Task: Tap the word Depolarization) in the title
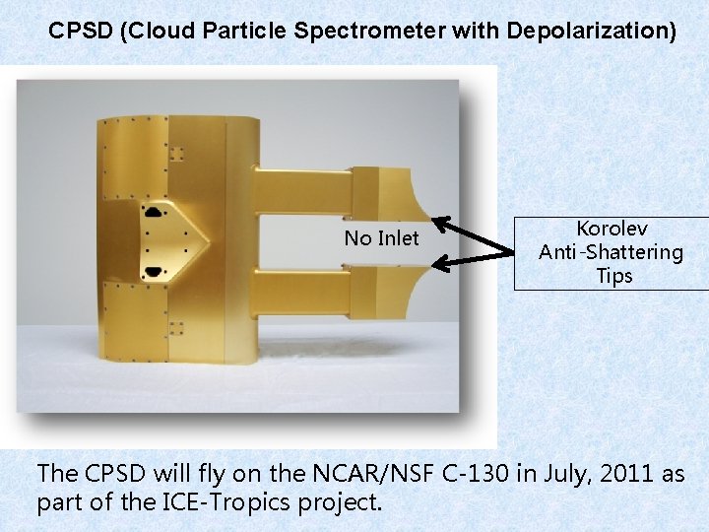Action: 591,31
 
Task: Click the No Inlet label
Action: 381,238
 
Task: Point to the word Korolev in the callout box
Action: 613,229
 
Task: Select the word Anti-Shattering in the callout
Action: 611,252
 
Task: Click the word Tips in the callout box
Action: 613,276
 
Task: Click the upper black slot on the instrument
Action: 155,211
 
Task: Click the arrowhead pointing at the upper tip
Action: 440,221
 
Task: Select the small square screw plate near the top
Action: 177,155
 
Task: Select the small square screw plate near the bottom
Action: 177,327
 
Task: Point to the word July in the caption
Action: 564,474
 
